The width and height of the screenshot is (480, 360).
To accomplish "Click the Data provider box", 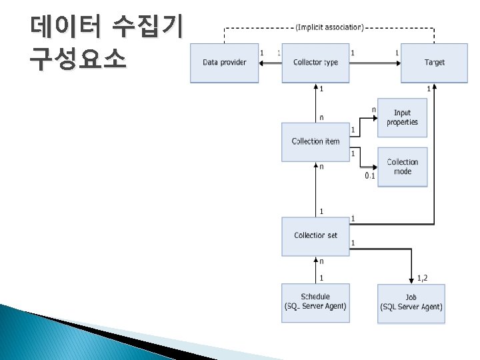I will [x=224, y=63].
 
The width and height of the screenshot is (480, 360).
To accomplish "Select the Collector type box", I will [x=315, y=63].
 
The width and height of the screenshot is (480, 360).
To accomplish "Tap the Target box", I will [x=434, y=63].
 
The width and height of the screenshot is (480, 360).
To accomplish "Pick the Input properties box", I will [x=402, y=118].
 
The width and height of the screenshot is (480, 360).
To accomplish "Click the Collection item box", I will [x=315, y=141].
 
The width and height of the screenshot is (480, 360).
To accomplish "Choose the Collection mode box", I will [x=402, y=167].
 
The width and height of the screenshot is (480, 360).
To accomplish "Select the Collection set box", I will [x=315, y=235].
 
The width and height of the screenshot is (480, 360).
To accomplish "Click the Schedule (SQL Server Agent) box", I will [x=315, y=302].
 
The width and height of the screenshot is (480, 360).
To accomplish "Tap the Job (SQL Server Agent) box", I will [x=411, y=303].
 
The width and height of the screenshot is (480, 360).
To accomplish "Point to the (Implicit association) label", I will [x=329, y=27].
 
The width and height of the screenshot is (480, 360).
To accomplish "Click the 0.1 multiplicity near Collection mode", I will [x=370, y=176].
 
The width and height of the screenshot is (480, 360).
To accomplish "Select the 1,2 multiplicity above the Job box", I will [x=423, y=277].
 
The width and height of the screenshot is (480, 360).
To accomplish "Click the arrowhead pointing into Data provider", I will [x=262, y=63].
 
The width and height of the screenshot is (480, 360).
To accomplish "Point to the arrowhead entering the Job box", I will [x=411, y=281].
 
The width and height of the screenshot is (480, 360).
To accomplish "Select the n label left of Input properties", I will [x=373, y=109].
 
